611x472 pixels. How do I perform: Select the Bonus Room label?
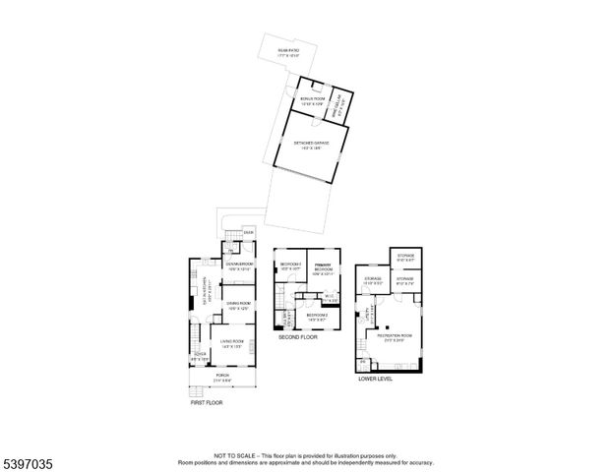[x=311, y=101]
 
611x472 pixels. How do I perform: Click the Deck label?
[x=235, y=233]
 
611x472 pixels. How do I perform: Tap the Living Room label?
[x=232, y=345]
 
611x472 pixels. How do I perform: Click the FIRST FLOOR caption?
[x=207, y=402]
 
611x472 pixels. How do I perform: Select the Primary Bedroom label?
[x=322, y=267]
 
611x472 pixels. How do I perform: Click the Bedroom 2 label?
[x=317, y=317]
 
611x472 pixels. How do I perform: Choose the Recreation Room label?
[x=394, y=338]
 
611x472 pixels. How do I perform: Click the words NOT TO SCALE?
[x=234, y=456]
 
